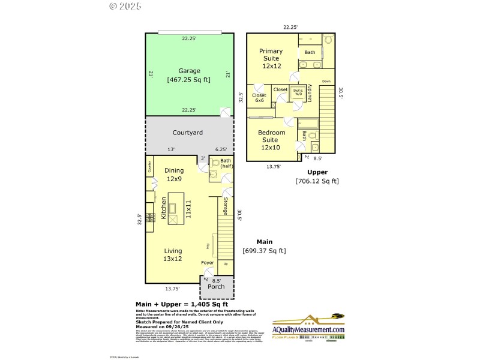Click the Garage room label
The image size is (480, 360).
(x=189, y=71)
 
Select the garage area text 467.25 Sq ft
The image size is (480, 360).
(x=189, y=79)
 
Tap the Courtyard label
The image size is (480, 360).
(x=188, y=133)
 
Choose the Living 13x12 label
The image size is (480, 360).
(x=172, y=254)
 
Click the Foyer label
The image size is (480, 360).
(x=207, y=263)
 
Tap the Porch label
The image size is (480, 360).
(x=216, y=287)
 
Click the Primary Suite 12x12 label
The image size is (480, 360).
(x=271, y=58)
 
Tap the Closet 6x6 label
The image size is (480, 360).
(x=259, y=98)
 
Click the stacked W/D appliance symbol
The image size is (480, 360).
(x=298, y=92)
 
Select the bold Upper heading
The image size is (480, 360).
(x=317, y=172)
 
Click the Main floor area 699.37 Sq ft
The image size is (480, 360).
(x=264, y=251)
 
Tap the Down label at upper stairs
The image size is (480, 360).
(x=326, y=81)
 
